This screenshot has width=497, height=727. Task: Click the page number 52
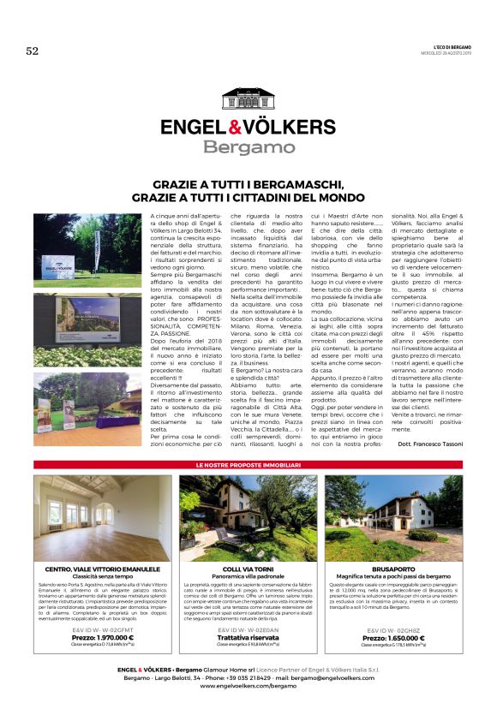click(33, 51)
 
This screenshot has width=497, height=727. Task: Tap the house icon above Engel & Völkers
click(248, 100)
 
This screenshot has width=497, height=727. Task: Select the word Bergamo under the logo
click(248, 147)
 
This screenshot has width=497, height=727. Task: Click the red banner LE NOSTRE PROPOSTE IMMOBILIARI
click(248, 463)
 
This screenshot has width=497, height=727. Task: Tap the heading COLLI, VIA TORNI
click(248, 568)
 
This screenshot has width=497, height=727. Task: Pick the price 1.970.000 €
click(103, 637)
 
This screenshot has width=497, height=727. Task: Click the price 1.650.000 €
click(392, 638)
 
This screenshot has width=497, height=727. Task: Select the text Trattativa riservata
click(248, 637)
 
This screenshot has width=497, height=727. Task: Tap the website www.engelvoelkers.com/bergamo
click(248, 685)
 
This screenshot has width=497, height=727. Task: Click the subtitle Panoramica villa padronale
click(248, 575)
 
